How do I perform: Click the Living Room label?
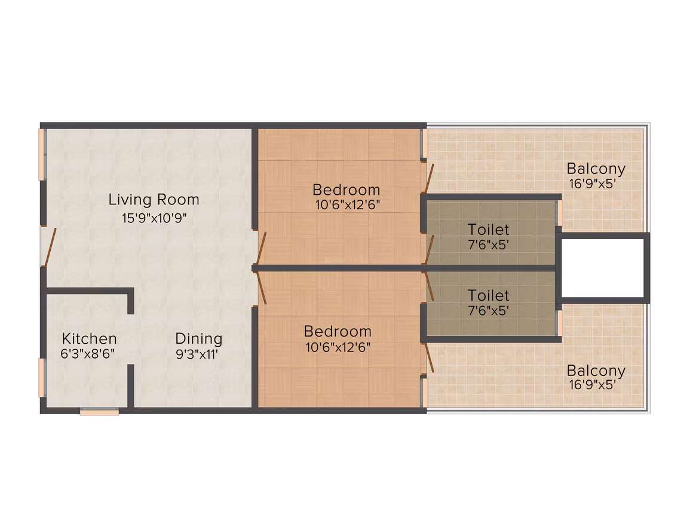[x=154, y=200]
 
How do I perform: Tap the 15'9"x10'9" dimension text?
[x=154, y=218]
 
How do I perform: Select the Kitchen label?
[x=89, y=339]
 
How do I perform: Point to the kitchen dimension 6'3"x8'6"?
[x=87, y=354]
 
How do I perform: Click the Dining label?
[x=199, y=339]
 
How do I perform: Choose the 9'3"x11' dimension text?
[x=197, y=354]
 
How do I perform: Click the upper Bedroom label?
[x=346, y=189]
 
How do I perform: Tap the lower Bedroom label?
[x=338, y=332]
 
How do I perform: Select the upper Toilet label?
[x=488, y=230]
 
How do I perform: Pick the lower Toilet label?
[x=488, y=295]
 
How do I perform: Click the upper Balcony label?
[x=596, y=169]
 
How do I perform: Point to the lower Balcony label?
[x=596, y=371]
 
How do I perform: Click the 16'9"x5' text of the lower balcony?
[x=592, y=385]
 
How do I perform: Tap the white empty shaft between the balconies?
[x=602, y=268]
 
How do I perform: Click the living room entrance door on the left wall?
[x=48, y=247]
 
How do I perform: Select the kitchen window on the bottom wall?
[x=99, y=412]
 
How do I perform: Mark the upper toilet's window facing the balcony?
[x=560, y=213]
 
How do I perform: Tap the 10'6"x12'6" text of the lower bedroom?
[x=338, y=347]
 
